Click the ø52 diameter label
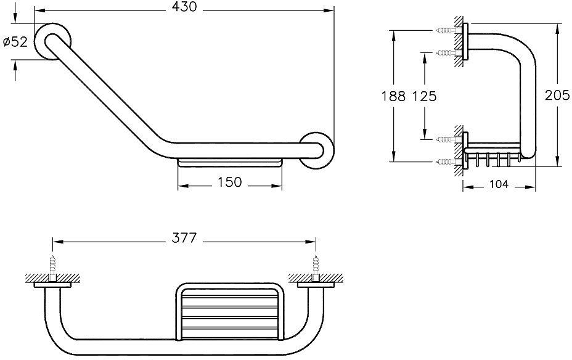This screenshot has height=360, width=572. click(15, 43)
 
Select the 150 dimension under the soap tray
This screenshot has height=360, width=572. click(229, 182)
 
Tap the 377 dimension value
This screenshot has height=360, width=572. click(184, 238)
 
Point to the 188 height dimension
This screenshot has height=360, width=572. click(393, 96)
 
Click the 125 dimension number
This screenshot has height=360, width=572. click(424, 96)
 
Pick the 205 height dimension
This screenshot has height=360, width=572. click(557, 96)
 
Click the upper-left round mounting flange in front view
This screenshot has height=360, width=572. click(51, 43)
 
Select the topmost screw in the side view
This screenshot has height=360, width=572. click(444, 30)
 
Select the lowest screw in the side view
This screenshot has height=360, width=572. click(444, 162)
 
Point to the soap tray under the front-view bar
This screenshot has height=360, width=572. click(230, 163)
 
